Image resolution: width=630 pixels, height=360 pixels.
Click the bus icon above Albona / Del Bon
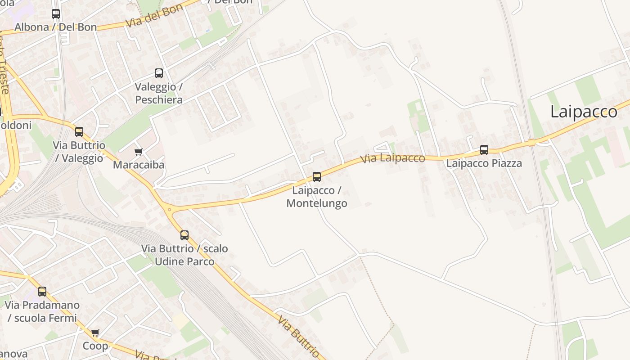click(56, 14)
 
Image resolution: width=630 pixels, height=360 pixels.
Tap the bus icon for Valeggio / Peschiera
click(159, 73)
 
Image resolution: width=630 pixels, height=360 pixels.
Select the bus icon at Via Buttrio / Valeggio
click(79, 131)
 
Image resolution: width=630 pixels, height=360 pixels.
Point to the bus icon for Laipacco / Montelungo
click(317, 177)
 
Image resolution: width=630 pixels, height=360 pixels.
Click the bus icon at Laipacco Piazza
click(484, 150)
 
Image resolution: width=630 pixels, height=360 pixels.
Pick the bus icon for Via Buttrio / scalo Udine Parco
click(184, 235)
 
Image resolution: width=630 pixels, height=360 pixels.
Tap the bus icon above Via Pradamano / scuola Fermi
click(42, 291)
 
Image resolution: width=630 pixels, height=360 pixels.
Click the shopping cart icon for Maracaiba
click(139, 152)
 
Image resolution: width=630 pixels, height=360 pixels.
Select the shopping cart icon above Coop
click(95, 333)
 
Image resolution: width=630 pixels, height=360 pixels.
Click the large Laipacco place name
click(584, 112)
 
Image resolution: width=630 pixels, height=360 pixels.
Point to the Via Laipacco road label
click(393, 158)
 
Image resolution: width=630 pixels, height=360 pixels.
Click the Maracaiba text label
click(139, 165)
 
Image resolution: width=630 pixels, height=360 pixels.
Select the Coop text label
click(95, 346)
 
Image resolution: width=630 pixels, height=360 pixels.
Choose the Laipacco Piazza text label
click(484, 163)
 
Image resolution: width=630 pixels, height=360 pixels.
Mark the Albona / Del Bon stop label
click(56, 27)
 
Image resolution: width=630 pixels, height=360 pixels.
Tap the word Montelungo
click(317, 203)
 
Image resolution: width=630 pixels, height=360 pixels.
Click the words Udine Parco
click(184, 261)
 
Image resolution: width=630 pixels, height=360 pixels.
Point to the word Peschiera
click(159, 99)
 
